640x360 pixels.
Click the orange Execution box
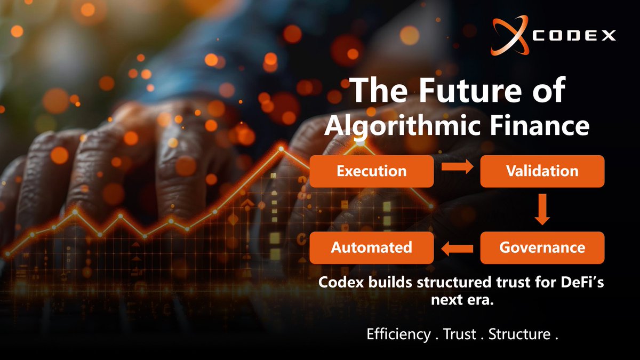click(371, 171)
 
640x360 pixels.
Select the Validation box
click(542, 171)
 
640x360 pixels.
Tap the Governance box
click(542, 248)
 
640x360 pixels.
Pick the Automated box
click(371, 248)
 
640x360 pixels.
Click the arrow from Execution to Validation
click(457, 168)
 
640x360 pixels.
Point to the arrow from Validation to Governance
click(542, 209)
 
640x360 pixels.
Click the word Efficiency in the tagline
click(398, 335)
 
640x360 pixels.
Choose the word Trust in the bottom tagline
click(459, 335)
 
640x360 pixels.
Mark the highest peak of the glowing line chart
click(282, 148)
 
